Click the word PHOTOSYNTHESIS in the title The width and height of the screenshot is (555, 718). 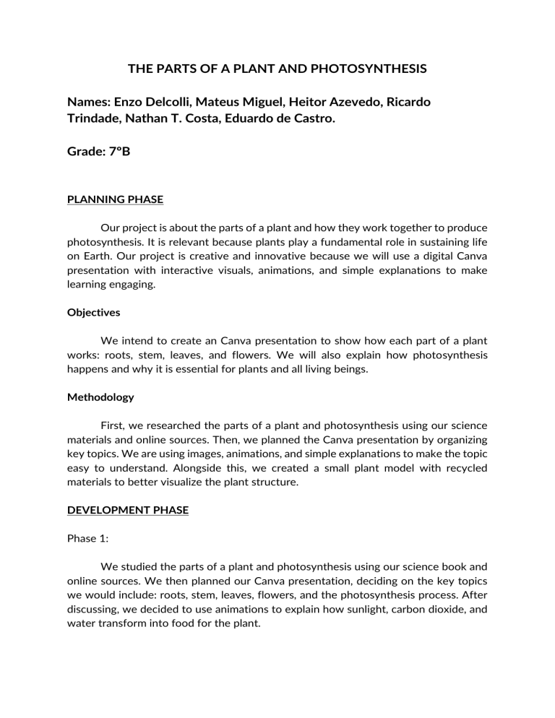click(365, 69)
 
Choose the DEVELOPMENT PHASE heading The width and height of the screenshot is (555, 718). click(127, 510)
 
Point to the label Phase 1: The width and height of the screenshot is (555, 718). click(87, 536)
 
